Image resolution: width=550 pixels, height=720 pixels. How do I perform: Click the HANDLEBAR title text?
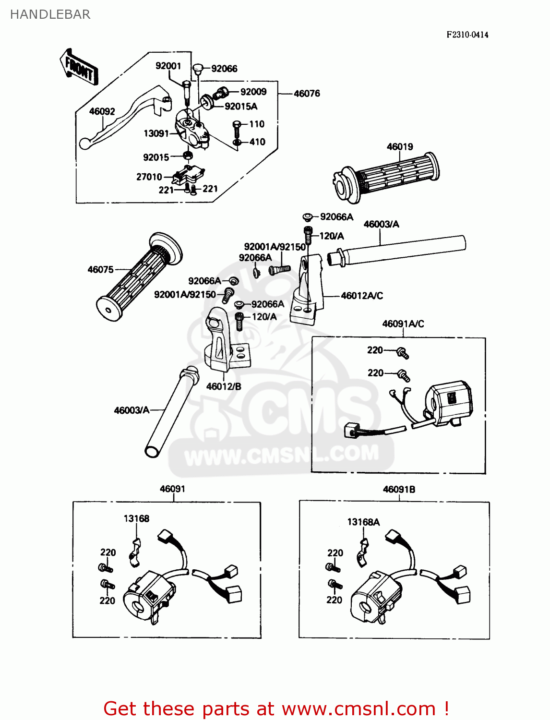pyautogui.click(x=50, y=14)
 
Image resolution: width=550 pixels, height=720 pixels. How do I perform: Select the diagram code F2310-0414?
pyautogui.click(x=467, y=35)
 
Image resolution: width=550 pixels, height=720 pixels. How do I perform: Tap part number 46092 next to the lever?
pyautogui.click(x=102, y=111)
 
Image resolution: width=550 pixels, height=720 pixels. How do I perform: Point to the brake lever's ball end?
pyautogui.click(x=85, y=144)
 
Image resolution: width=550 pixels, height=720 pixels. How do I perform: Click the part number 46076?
pyautogui.click(x=307, y=94)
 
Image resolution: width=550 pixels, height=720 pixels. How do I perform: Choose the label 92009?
pyautogui.click(x=253, y=92)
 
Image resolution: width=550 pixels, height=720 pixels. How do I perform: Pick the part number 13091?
pyautogui.click(x=156, y=133)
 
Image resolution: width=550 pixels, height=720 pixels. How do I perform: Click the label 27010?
pyautogui.click(x=149, y=177)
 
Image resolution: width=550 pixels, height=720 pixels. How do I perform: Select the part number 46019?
pyautogui.click(x=400, y=147)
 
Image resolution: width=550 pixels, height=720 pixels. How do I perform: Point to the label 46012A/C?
pyautogui.click(x=362, y=296)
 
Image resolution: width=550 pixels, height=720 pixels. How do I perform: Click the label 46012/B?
pyautogui.click(x=224, y=386)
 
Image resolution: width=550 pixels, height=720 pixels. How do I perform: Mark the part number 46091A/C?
pyautogui.click(x=403, y=324)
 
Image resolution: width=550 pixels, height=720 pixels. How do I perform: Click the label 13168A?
pyautogui.click(x=363, y=522)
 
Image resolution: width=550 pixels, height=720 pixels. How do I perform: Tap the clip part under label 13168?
pyautogui.click(x=135, y=552)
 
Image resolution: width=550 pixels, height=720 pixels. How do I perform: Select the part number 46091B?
pyautogui.click(x=399, y=490)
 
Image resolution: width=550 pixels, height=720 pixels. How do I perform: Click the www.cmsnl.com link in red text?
pyautogui.click(x=359, y=708)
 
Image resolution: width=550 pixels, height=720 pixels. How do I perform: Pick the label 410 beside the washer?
pyautogui.click(x=257, y=142)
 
